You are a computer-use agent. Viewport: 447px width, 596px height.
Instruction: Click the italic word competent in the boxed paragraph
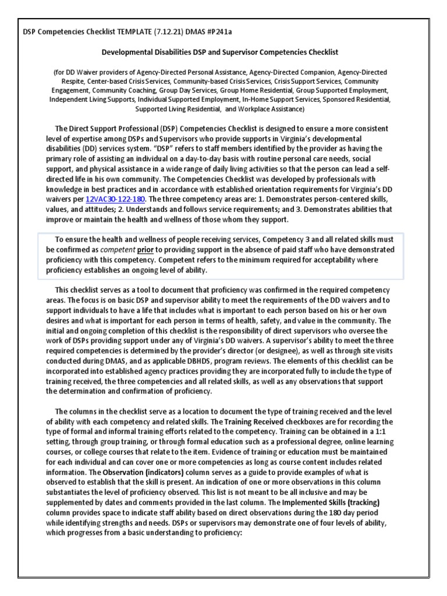[120, 250]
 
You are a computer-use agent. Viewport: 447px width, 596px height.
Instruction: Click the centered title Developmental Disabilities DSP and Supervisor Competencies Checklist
[220, 52]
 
